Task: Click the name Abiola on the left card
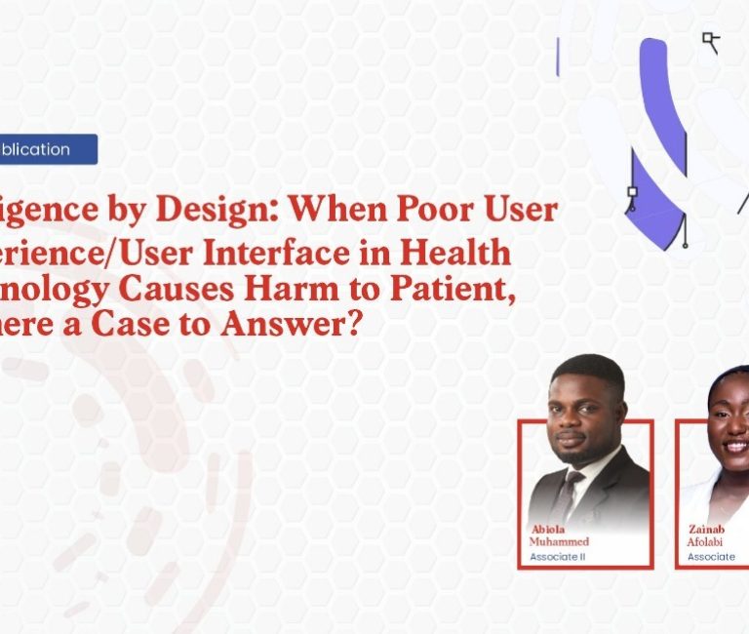(x=548, y=530)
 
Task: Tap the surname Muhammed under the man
(x=559, y=541)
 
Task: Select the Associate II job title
(x=556, y=557)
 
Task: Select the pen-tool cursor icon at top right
(x=711, y=41)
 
